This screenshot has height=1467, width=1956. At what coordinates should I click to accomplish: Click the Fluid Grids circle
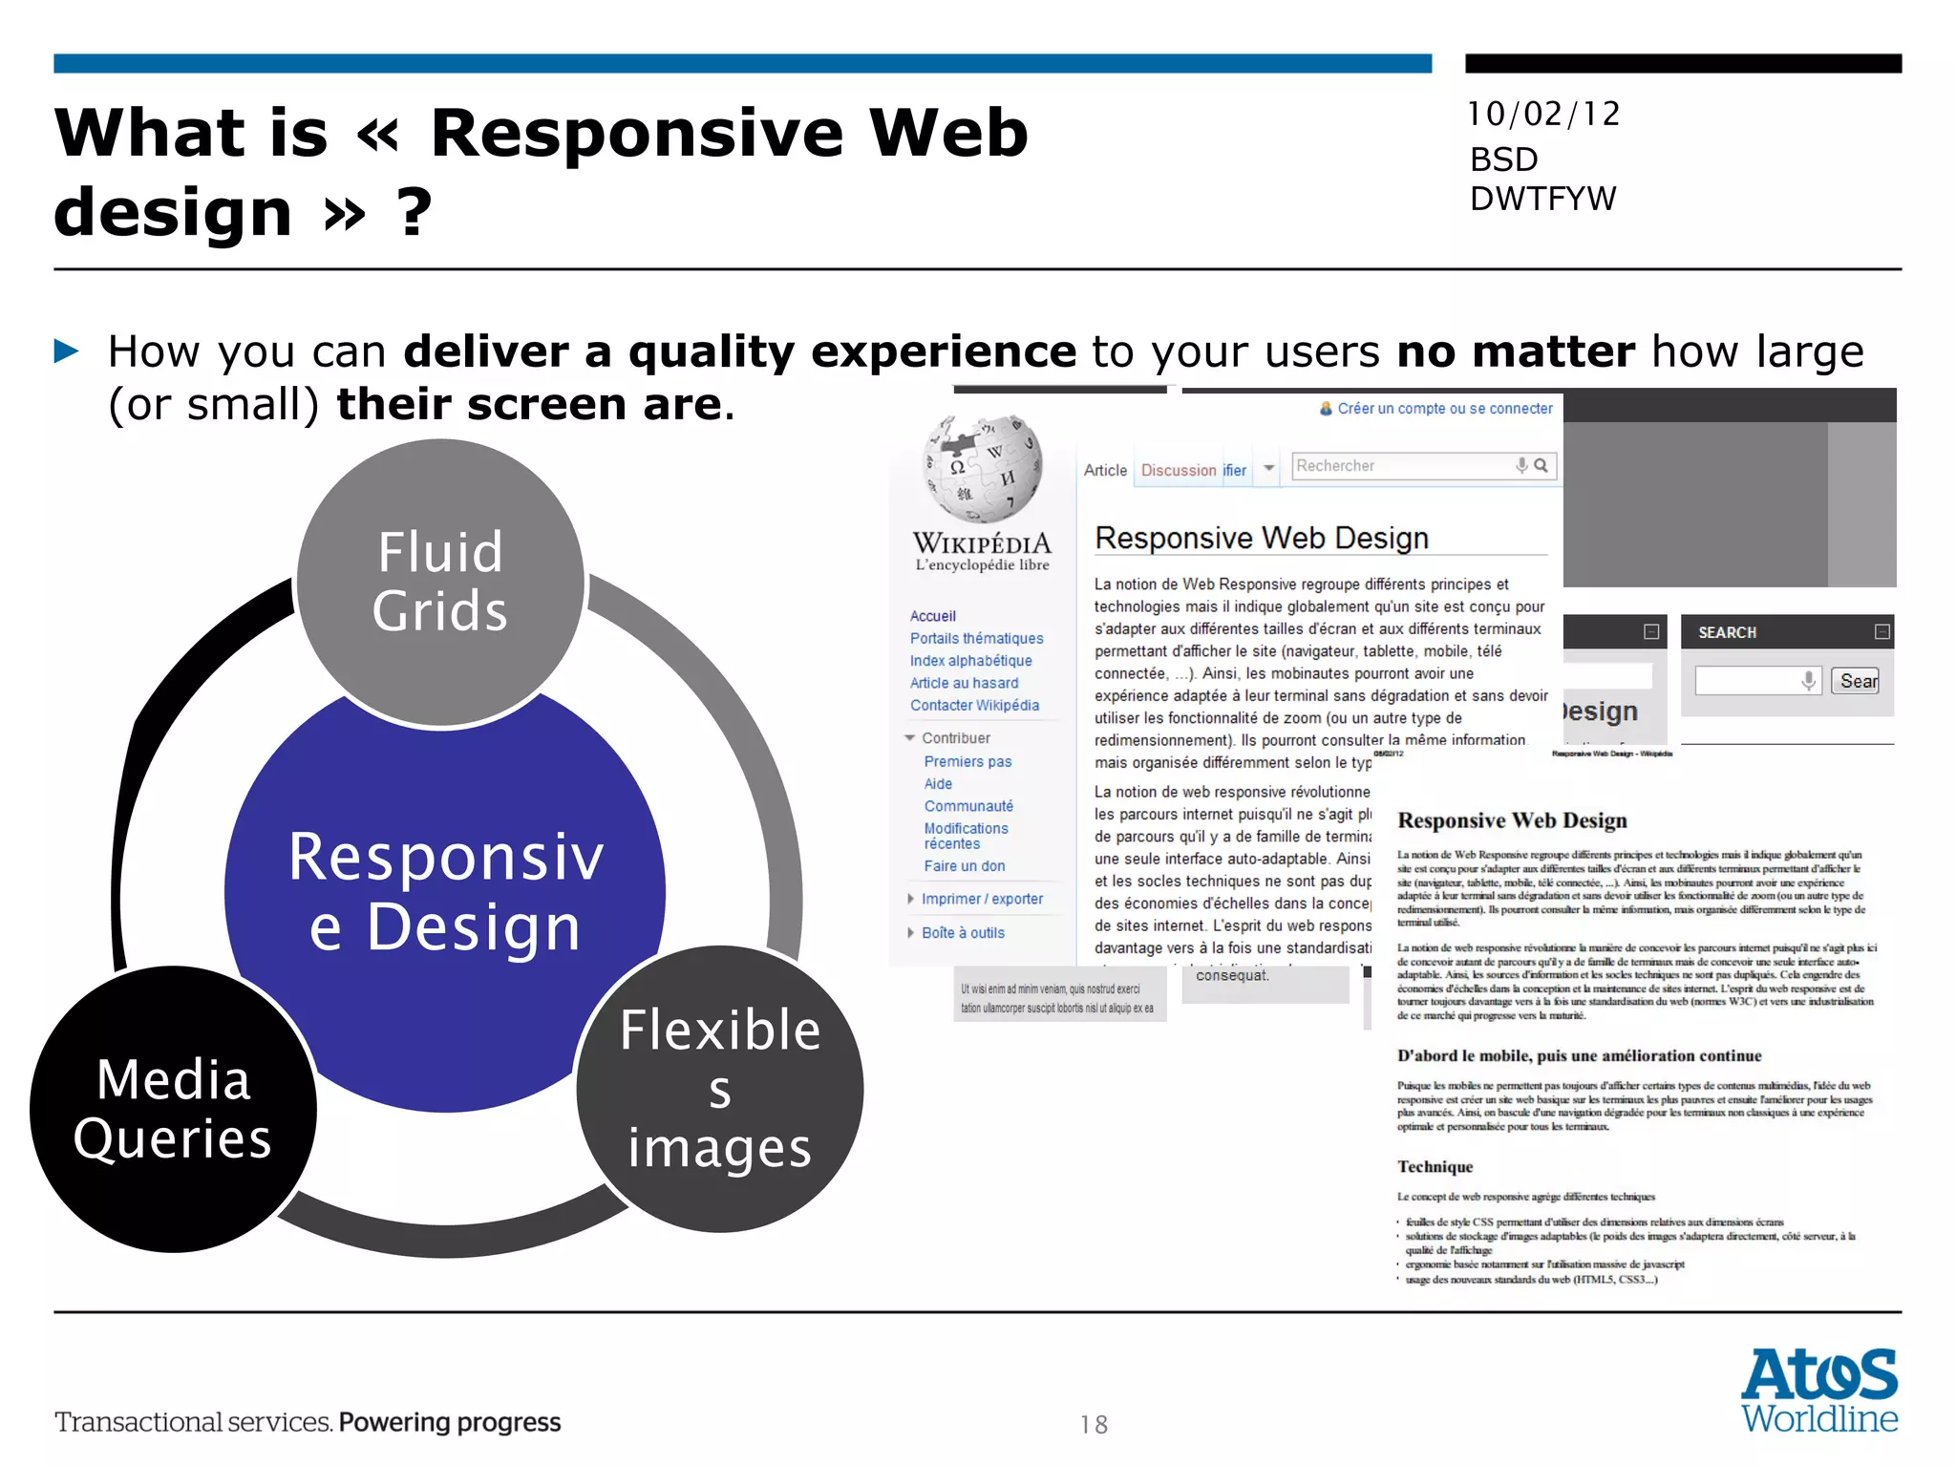pos(440,583)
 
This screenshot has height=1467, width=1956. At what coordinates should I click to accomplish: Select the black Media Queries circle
pos(173,1109)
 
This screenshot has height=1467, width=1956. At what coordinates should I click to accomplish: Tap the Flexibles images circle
pos(720,1089)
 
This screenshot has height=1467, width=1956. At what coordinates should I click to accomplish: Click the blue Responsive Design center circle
pos(445,893)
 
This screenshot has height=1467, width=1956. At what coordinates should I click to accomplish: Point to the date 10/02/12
pos(1543,115)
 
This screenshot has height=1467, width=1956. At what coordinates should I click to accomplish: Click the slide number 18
pos(1095,1425)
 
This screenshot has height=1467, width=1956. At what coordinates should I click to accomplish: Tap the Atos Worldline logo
pos(1819,1391)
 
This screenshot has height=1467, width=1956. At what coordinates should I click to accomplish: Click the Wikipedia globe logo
pos(983,468)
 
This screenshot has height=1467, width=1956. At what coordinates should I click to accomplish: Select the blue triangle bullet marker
pos(67,351)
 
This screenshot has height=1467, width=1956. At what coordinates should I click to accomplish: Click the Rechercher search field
pos(1400,466)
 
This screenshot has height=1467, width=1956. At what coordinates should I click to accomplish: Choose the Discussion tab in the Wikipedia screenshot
pos(1179,471)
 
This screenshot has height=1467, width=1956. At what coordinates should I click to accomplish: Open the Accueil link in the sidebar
pos(933,617)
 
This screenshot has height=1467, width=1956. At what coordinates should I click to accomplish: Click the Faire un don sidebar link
pos(965,866)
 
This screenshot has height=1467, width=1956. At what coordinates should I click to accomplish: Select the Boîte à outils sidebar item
pos(963,933)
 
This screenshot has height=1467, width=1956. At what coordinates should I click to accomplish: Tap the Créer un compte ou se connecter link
pos(1444,409)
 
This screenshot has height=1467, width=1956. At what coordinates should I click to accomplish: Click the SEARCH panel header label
pos(1727,632)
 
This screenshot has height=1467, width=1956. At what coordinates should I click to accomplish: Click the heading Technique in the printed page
pos(1435,1167)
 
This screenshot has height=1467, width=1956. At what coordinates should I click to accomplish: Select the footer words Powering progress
pos(450,1422)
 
